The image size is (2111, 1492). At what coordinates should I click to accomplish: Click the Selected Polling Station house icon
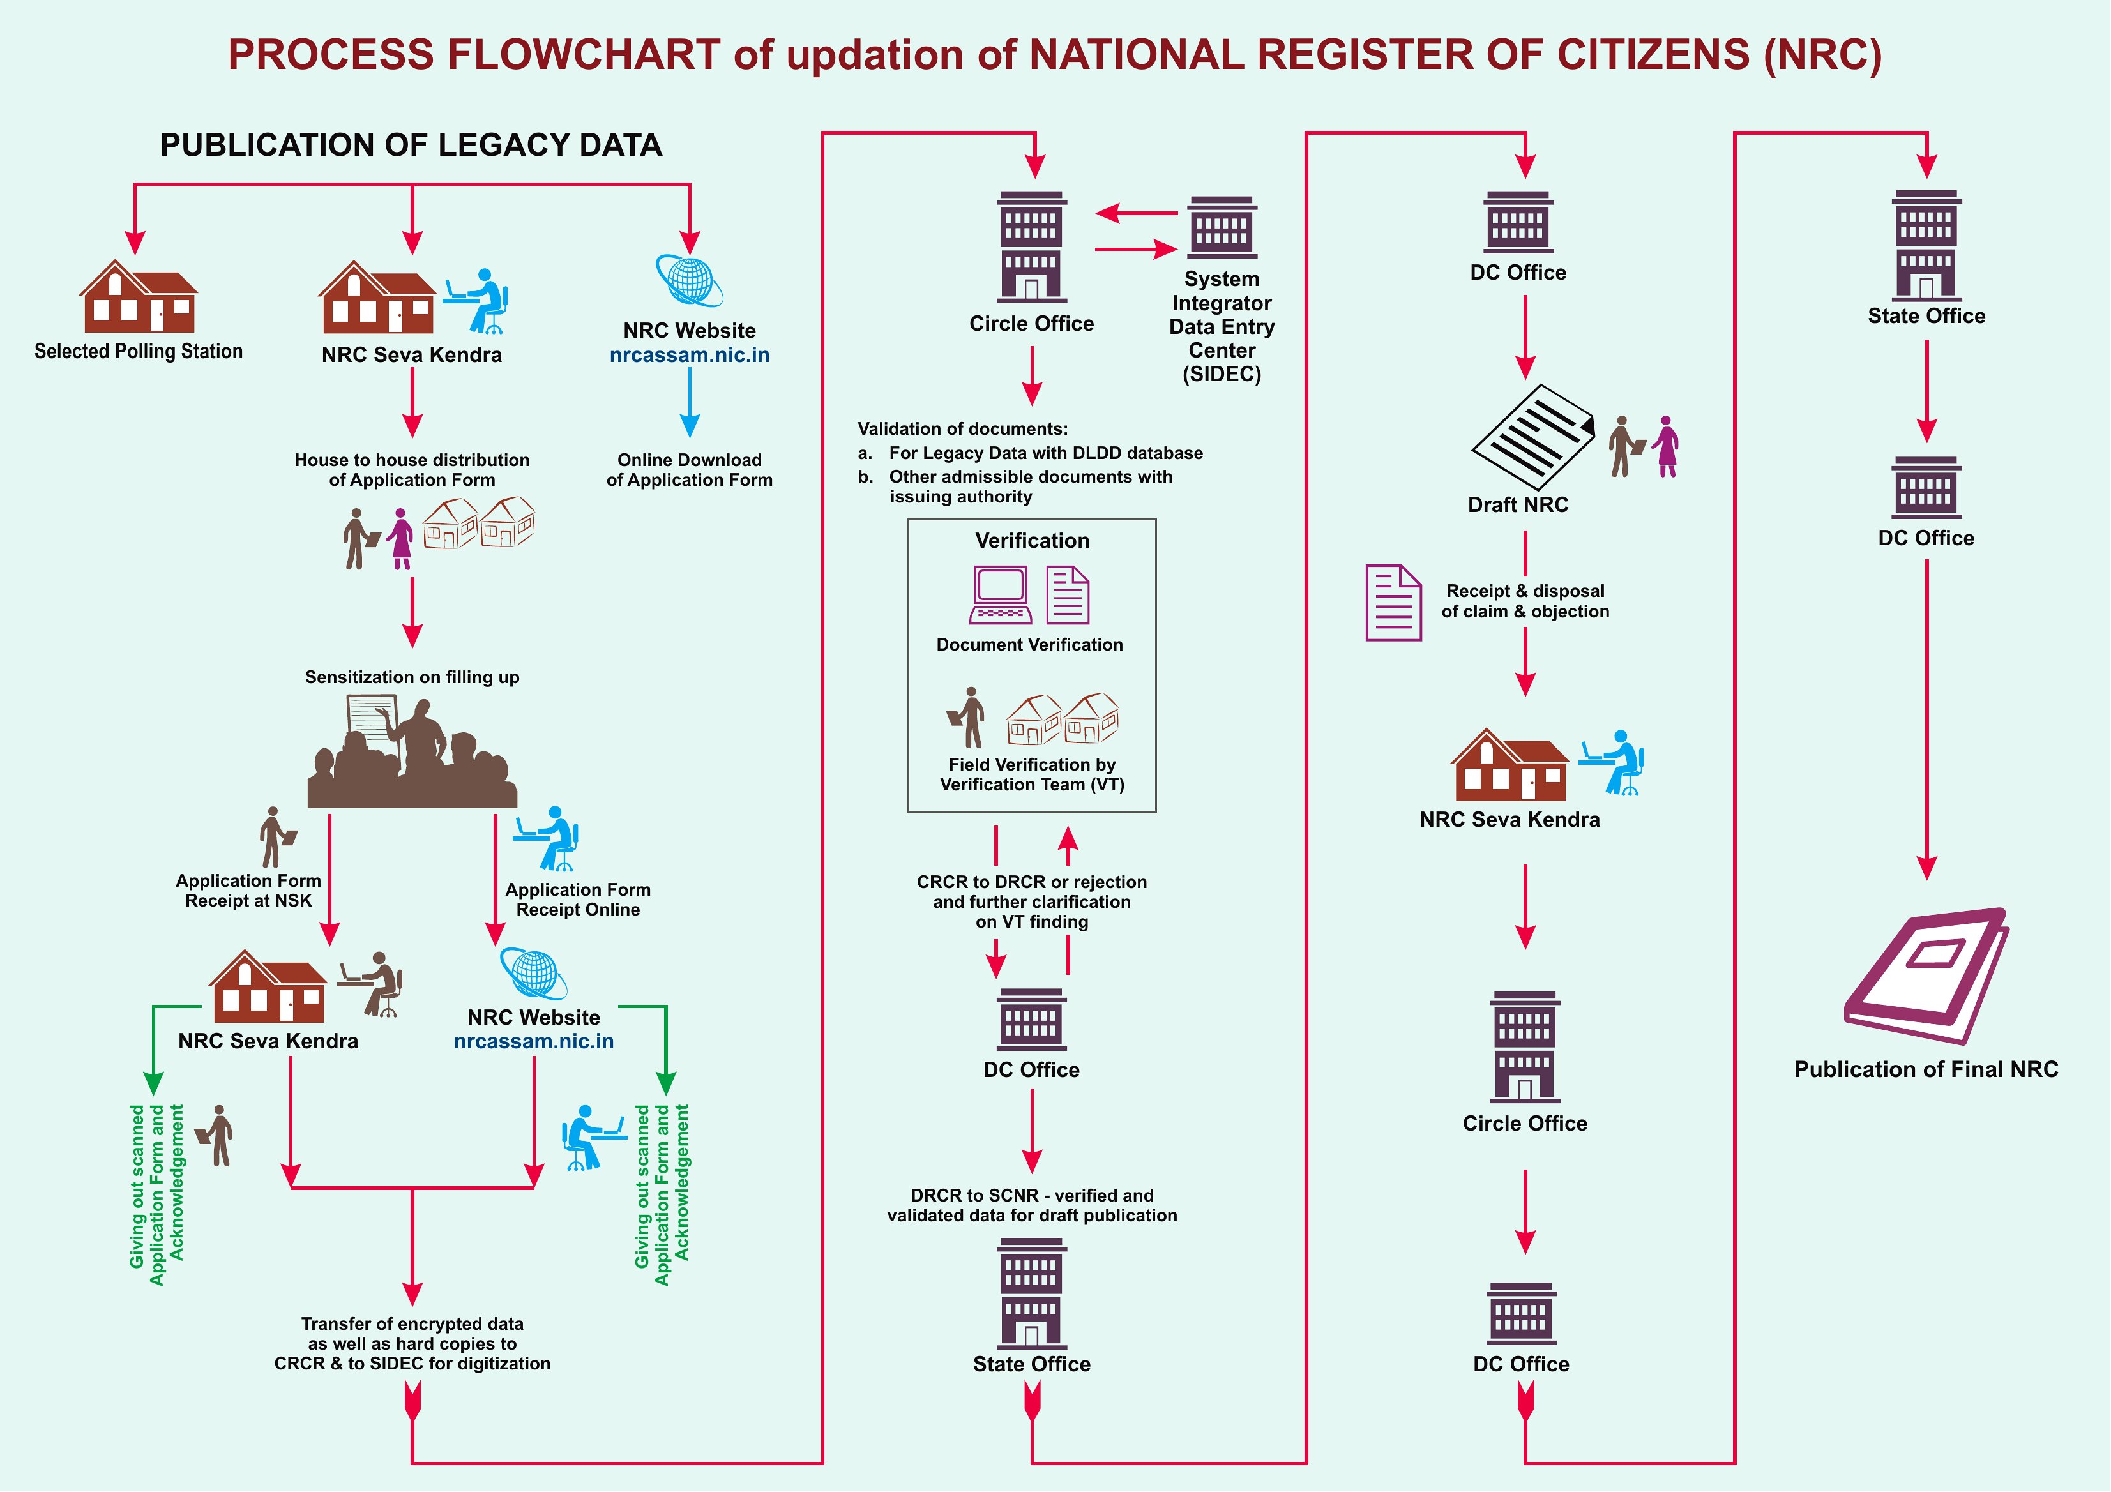[139, 296]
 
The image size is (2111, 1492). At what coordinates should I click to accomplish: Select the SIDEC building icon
[1222, 227]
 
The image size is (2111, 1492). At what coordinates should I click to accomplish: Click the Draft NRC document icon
[1532, 437]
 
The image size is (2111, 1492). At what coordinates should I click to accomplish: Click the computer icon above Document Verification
[1001, 596]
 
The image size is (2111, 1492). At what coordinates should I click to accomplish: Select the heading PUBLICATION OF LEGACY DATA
[411, 146]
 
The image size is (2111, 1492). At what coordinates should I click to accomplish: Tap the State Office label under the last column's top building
[1926, 316]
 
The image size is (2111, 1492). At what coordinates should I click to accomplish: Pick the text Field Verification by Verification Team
[1032, 774]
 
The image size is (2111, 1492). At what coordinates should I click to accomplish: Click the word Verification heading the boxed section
[1032, 541]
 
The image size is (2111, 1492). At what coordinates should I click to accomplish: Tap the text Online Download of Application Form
[690, 470]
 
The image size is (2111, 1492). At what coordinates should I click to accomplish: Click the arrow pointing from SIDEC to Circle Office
[1137, 213]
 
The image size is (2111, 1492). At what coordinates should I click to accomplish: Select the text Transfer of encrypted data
[412, 1323]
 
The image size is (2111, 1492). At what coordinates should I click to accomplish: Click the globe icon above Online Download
[690, 280]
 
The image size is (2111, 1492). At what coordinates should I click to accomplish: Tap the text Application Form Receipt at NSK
[248, 891]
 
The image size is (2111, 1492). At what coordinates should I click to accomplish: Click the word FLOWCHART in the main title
[584, 54]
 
